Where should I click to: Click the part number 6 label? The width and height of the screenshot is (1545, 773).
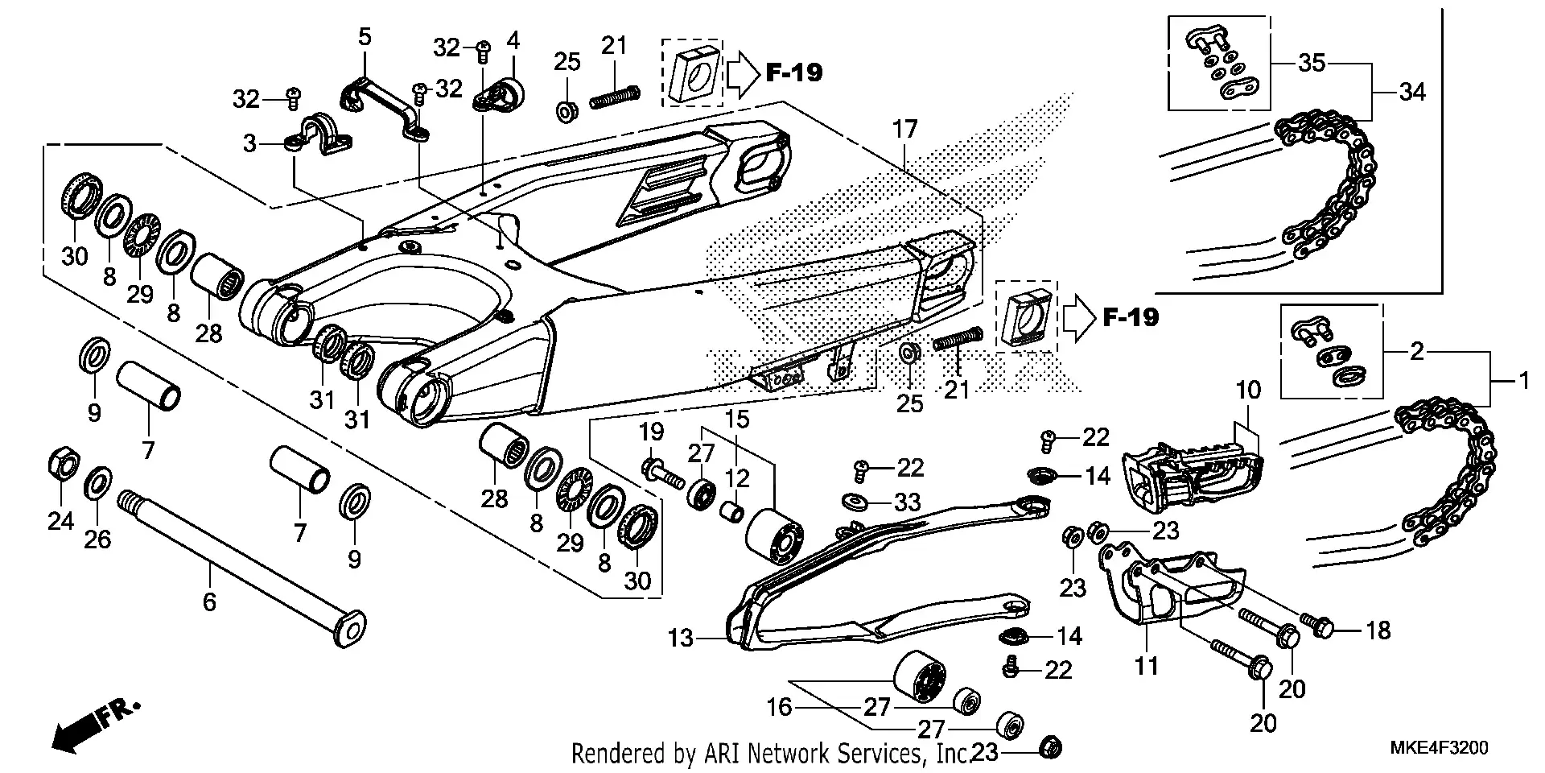coord(209,601)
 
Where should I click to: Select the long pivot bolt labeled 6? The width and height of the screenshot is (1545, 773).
coord(241,564)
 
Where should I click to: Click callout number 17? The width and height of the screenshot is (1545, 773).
coord(904,129)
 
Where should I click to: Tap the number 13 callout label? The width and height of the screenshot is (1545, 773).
coord(681,639)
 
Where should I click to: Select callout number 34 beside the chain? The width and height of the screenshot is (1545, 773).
coord(1412,93)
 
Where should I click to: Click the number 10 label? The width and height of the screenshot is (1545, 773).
coord(1248,391)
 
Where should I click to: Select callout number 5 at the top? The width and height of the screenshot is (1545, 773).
coord(365,36)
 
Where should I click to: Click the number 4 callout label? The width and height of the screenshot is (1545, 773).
coord(513,39)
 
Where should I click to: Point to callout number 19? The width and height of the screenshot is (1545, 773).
coord(652,432)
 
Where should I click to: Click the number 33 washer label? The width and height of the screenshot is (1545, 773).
coord(907,503)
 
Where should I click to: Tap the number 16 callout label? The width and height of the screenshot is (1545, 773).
coord(779,708)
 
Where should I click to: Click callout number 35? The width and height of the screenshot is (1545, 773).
coord(1312,63)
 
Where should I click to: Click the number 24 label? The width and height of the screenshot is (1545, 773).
coord(60,522)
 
